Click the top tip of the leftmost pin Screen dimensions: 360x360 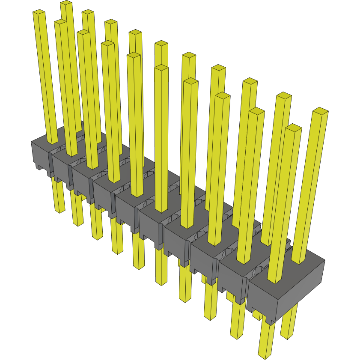39,12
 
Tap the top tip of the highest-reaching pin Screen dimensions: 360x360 66,3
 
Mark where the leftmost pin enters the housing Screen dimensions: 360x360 52,141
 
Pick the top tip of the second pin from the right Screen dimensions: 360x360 294,127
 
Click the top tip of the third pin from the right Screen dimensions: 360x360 283,95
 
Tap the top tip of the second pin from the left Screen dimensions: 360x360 60,22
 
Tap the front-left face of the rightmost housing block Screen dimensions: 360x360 262,300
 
